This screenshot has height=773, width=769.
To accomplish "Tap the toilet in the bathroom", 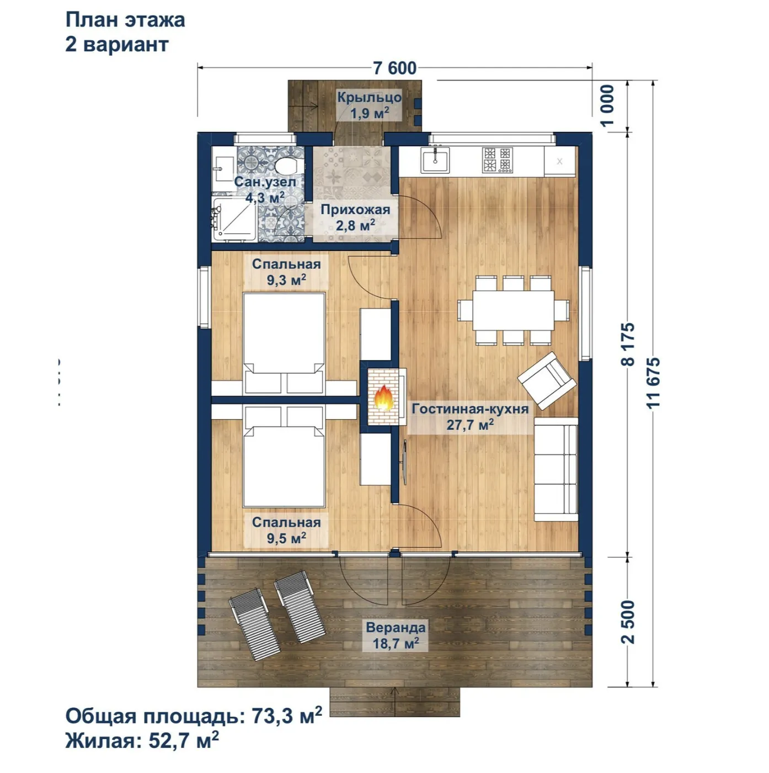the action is pyautogui.click(x=287, y=165).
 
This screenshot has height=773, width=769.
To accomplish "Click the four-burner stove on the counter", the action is pyautogui.click(x=498, y=160).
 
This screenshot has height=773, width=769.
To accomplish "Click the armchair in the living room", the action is pyautogui.click(x=547, y=380).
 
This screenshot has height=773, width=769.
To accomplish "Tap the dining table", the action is pyautogui.click(x=513, y=310).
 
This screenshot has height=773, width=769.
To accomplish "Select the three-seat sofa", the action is pyautogui.click(x=556, y=469).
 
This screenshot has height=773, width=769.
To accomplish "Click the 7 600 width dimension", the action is pyautogui.click(x=394, y=68).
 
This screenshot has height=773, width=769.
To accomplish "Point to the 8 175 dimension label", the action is pyautogui.click(x=628, y=344).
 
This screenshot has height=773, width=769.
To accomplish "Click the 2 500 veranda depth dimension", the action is pyautogui.click(x=628, y=622).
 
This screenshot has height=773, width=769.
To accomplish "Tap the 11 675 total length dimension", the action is pyautogui.click(x=653, y=383).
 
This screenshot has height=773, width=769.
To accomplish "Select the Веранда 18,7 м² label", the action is pyautogui.click(x=396, y=635).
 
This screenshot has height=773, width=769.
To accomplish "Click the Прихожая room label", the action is pyautogui.click(x=355, y=209).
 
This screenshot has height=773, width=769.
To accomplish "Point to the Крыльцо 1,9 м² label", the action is pyautogui.click(x=369, y=105).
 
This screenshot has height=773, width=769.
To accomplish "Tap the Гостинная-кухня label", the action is pyautogui.click(x=471, y=409).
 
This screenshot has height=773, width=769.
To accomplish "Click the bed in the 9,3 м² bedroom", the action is pyautogui.click(x=284, y=343).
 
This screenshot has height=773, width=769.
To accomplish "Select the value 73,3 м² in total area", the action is pyautogui.click(x=287, y=716).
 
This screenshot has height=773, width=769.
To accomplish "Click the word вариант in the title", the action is pyautogui.click(x=126, y=44).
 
